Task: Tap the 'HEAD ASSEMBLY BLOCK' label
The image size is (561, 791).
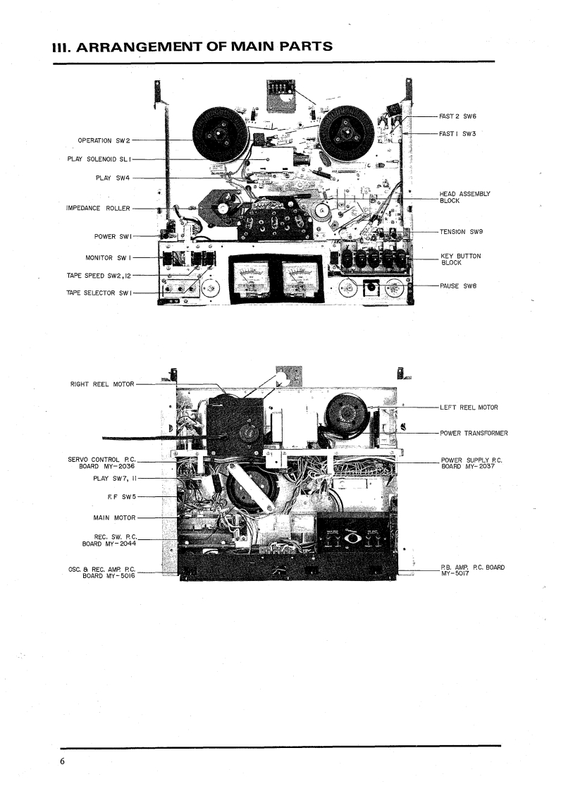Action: [464, 197]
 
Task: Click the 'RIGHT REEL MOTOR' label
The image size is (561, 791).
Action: [101, 384]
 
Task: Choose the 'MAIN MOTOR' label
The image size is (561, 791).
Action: [114, 517]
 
